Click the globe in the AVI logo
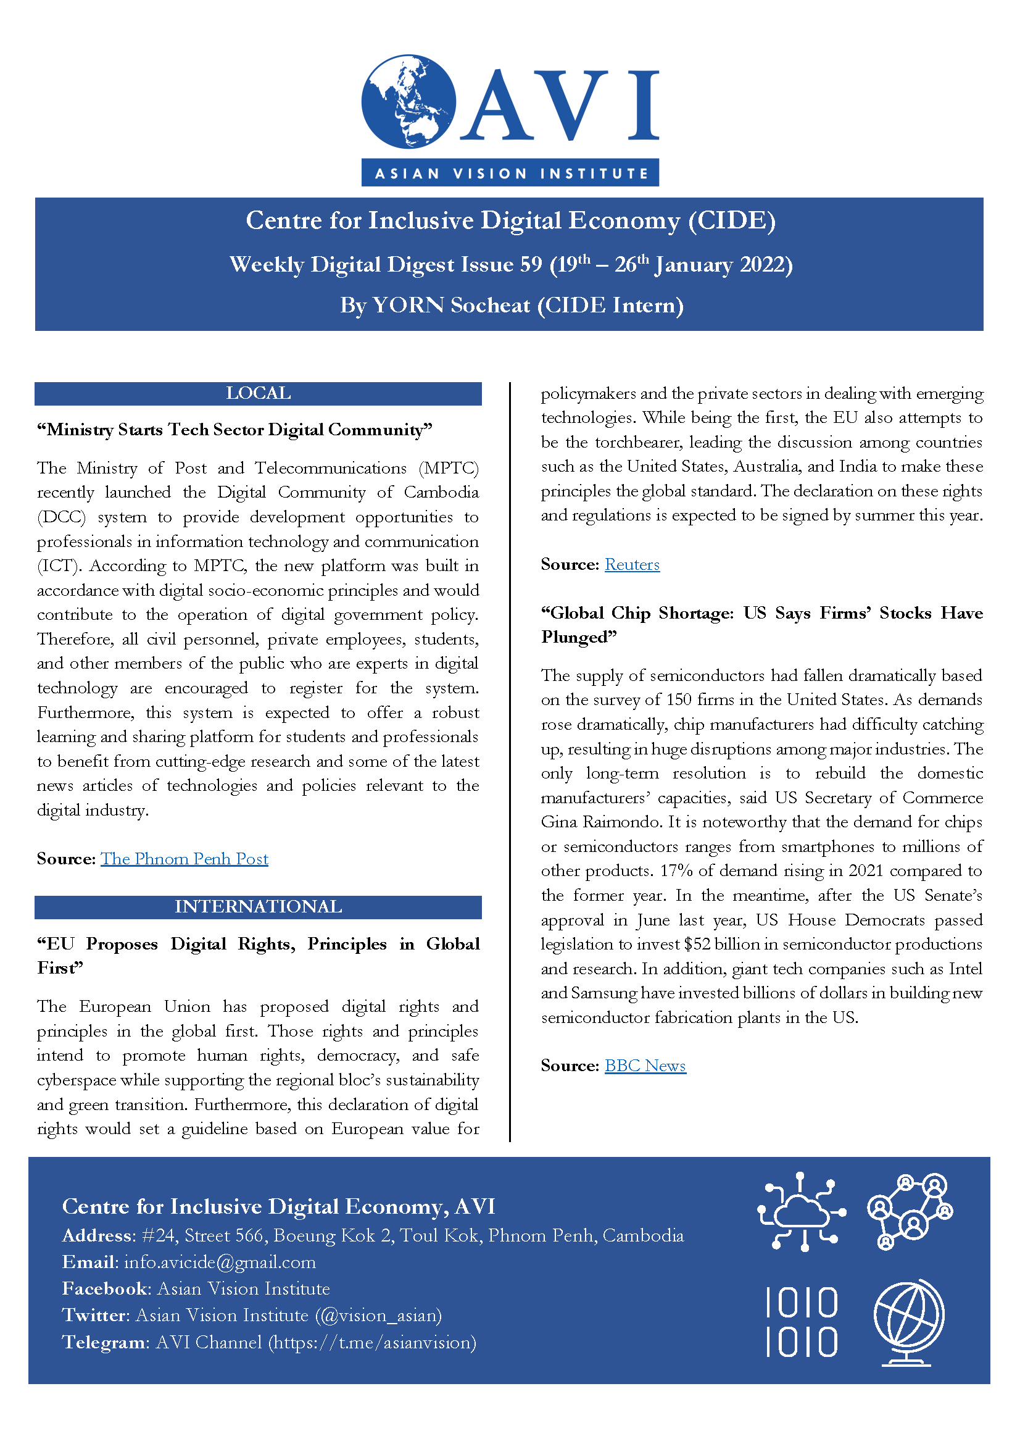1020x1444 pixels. coord(408,101)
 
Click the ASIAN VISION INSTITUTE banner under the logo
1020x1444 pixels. coord(510,173)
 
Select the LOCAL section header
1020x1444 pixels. coord(259,394)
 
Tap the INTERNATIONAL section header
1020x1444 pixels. coord(259,907)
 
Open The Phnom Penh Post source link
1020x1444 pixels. coord(184,859)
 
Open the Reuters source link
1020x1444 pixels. coord(632,565)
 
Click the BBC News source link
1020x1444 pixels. coord(645,1066)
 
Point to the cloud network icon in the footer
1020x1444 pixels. coord(802,1210)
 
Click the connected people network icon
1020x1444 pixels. coord(910,1210)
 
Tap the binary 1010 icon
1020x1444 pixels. coord(802,1321)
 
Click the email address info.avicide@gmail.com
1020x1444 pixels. coord(220,1263)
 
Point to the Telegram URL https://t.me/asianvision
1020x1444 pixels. coord(372,1343)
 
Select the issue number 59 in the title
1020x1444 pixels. coord(531,265)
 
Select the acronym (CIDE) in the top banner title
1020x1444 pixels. coord(732,221)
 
